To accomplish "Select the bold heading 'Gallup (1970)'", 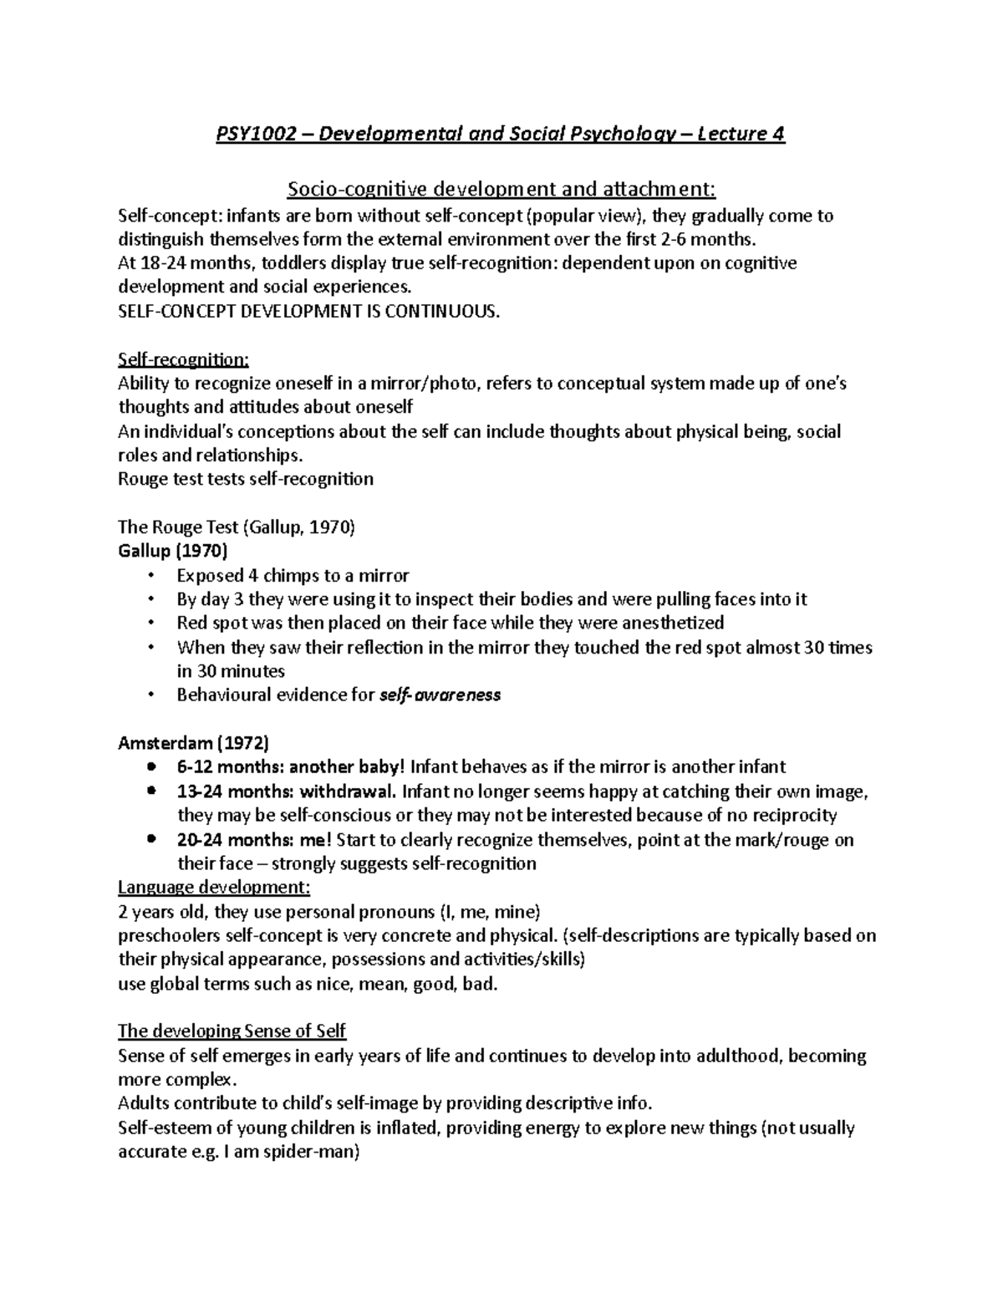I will (x=172, y=551).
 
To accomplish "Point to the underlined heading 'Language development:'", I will (x=214, y=887).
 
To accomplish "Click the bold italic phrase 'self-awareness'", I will (x=440, y=695).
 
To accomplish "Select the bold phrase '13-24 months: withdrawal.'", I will (x=288, y=792).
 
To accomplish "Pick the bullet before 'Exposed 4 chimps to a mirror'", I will (x=150, y=575).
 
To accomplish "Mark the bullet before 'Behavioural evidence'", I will (x=150, y=695).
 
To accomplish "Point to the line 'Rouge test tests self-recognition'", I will (x=246, y=479).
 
